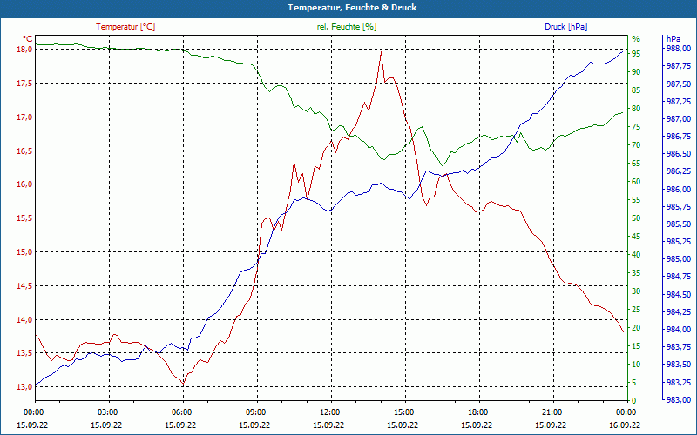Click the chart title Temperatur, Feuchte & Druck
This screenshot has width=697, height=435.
[x=348, y=7]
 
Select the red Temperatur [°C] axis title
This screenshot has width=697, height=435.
[x=125, y=27]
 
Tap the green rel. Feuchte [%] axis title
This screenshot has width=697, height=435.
[x=347, y=27]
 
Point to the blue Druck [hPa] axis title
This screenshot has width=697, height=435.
[x=565, y=27]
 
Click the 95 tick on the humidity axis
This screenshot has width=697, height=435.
[x=636, y=53]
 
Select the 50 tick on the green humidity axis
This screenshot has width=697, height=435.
[x=636, y=218]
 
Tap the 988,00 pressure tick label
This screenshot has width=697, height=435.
[x=678, y=49]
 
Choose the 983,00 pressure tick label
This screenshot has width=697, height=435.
[x=678, y=400]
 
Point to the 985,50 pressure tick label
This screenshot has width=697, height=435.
[x=678, y=224]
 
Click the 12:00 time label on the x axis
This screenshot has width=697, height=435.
[x=330, y=412]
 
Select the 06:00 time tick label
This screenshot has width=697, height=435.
[x=182, y=412]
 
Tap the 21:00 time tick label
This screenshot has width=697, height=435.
[x=552, y=412]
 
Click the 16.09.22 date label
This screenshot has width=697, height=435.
[x=626, y=424]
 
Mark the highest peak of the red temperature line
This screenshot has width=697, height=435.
[x=381, y=52]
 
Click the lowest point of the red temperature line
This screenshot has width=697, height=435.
[x=183, y=384]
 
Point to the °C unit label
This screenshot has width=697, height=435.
[x=28, y=39]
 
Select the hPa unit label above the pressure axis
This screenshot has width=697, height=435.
[x=673, y=39]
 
